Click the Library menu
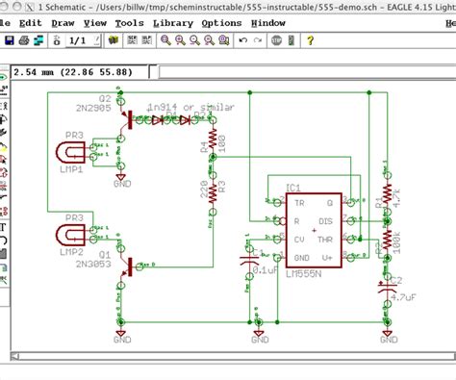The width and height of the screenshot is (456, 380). [x=173, y=22]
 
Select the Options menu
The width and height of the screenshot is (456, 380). [x=221, y=22]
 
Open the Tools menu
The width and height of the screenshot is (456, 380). [x=128, y=22]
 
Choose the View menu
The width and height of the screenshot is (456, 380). [x=95, y=22]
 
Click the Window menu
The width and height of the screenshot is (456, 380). [x=268, y=22]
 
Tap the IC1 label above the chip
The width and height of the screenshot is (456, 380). [x=293, y=188]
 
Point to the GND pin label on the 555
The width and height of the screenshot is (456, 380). [x=301, y=257]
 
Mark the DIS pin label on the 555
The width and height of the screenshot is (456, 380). [x=325, y=221]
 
